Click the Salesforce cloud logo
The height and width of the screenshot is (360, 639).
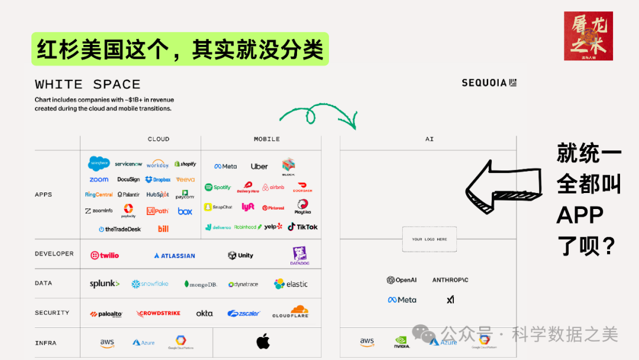point(99,163)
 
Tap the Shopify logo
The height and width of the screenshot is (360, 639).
point(185,164)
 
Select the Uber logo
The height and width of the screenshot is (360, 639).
point(259,166)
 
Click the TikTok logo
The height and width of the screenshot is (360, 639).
point(302,227)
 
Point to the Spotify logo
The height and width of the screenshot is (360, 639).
point(218,187)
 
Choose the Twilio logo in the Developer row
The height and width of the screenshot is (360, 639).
point(105,255)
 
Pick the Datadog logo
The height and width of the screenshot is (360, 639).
point(299,255)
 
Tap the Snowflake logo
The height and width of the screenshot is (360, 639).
point(150,284)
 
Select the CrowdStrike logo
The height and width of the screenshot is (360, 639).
point(159,313)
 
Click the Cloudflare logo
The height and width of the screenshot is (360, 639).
point(291,312)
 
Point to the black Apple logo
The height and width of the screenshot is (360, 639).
point(263,342)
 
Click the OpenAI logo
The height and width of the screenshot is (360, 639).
point(402,280)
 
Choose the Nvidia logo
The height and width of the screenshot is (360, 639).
point(402,342)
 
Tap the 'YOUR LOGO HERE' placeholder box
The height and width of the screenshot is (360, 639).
point(430,239)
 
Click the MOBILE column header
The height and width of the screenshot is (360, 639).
point(267,139)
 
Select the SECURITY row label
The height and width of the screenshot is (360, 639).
point(52,313)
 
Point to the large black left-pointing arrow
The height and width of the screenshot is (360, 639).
point(504,188)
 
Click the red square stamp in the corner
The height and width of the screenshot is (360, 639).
point(588,36)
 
